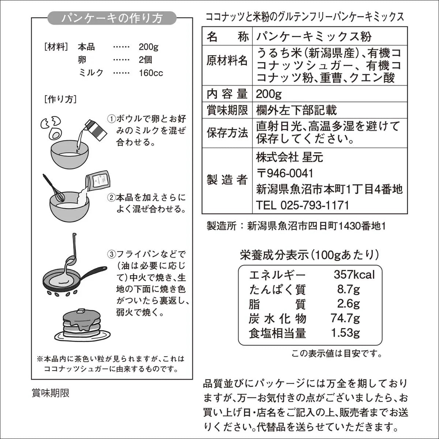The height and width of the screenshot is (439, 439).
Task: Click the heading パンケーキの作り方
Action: point(112,18)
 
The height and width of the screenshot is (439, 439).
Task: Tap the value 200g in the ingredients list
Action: point(148,47)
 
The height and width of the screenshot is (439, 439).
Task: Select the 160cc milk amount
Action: point(151,73)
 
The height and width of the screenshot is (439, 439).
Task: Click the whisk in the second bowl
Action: point(55,188)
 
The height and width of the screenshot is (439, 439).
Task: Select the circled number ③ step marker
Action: point(111,254)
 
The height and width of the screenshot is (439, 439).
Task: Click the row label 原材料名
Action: point(227,61)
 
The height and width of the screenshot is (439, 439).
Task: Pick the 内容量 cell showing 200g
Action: point(269,94)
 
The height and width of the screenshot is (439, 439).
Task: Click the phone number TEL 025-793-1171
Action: point(303,205)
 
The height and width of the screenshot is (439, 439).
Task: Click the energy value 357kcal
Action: point(354,274)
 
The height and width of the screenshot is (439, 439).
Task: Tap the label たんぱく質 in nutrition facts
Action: point(277,289)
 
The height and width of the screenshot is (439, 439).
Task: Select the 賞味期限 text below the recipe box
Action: point(50,393)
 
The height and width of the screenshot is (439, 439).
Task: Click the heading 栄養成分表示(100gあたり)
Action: point(309,255)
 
